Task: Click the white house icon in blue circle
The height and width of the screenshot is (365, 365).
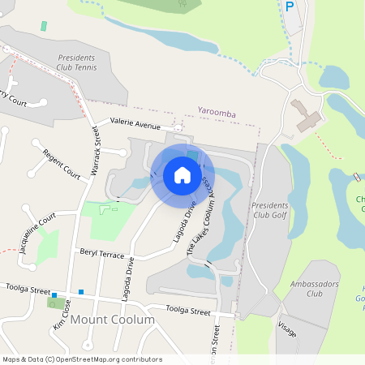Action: click(182, 175)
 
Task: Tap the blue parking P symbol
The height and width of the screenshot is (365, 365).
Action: click(290, 6)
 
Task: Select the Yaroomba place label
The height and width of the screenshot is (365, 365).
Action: click(217, 114)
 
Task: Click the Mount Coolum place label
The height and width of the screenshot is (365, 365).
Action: click(112, 320)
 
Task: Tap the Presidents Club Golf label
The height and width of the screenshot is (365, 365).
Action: click(269, 211)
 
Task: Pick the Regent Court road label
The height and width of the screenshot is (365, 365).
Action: click(62, 163)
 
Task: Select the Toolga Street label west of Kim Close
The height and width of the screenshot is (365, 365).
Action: click(28, 290)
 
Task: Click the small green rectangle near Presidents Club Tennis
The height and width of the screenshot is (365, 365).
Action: click(43, 26)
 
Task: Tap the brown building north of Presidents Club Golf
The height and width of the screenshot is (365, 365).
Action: click(307, 116)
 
